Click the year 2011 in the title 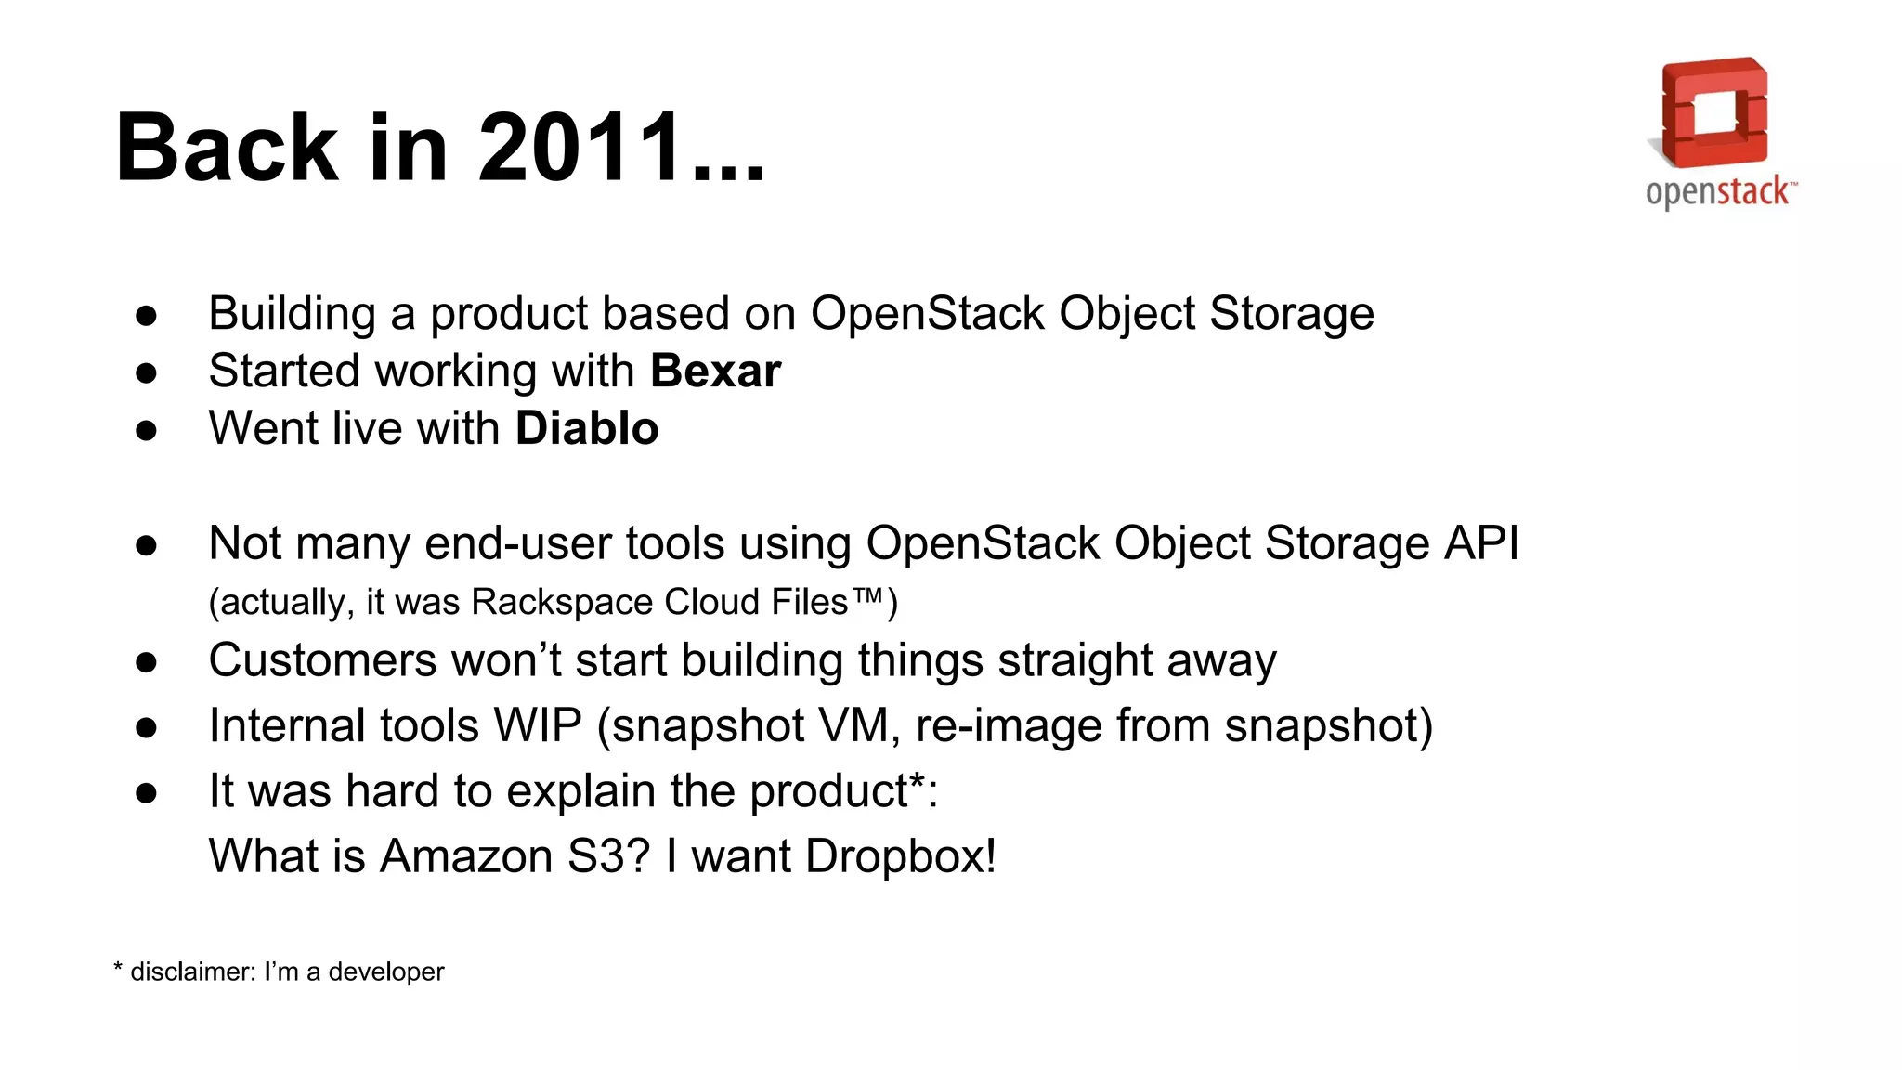coord(580,148)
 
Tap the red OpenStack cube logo coord(1714,112)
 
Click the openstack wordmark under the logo coord(1720,192)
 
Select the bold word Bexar coord(715,372)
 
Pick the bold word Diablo coord(587,429)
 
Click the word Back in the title coord(227,148)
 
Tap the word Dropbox coord(900,855)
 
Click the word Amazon coord(466,855)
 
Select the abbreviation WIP coord(538,725)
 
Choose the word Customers coord(322,661)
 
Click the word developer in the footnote coord(386,972)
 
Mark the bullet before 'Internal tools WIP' coord(146,727)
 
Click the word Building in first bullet coord(292,314)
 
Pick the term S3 coord(595,855)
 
